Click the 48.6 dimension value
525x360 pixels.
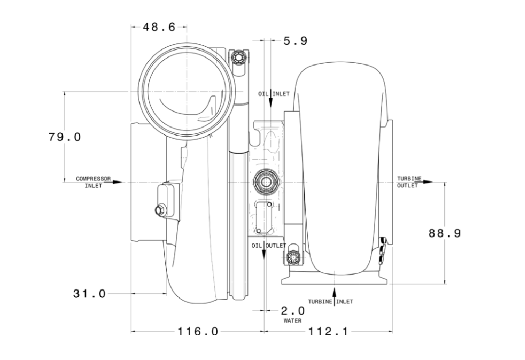point(159,27)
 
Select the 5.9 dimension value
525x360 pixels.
point(296,41)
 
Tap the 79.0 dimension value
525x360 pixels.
point(65,137)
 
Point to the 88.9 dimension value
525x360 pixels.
point(445,234)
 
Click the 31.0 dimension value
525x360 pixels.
point(89,294)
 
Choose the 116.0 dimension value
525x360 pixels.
point(197,331)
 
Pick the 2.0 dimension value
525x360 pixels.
point(293,311)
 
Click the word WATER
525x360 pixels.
point(293,321)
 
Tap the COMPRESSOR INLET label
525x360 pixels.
point(93,182)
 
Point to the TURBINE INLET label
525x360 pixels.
point(331,302)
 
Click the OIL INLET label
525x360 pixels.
point(274,94)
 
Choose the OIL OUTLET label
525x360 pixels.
point(269,246)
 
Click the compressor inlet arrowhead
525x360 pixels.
point(118,182)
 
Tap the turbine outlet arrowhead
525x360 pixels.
point(428,182)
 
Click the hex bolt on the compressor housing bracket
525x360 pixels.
point(159,210)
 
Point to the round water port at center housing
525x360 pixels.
point(266,182)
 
